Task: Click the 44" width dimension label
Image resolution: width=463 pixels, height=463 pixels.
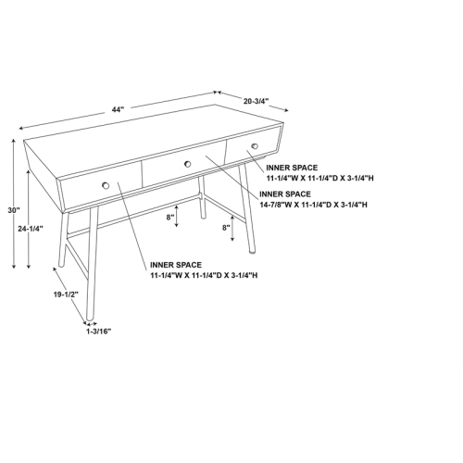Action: point(118,110)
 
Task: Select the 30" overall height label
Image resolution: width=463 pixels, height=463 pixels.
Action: point(13,211)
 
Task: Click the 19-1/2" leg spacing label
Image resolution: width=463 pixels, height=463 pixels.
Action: point(66,294)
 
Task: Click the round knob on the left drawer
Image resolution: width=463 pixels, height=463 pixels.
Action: point(106,185)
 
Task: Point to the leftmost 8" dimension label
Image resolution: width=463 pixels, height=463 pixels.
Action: point(170,218)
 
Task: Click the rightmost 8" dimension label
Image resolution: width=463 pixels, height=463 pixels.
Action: point(226,227)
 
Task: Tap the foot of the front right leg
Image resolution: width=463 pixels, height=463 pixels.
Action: point(257,251)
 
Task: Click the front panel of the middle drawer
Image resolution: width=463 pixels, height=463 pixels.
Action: point(185,167)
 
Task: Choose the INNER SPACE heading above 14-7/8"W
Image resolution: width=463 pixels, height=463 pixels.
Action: point(286,194)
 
